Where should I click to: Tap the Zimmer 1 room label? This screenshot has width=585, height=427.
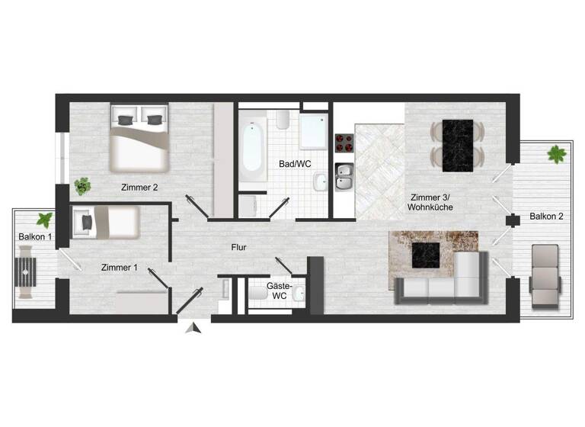tap(119, 268)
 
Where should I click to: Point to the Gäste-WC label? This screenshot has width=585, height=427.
tap(277, 291)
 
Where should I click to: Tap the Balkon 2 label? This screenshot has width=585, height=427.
tap(546, 217)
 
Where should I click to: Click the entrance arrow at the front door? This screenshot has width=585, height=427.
tap(195, 328)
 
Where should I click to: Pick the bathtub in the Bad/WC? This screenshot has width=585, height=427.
tap(251, 144)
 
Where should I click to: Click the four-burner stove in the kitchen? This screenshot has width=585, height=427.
tap(344, 143)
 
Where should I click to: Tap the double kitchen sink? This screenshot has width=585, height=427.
tap(344, 176)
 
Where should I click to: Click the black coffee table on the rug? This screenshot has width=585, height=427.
tap(428, 256)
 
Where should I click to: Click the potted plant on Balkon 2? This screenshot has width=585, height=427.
tap(557, 155)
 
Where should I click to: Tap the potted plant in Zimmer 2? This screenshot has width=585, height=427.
tap(82, 186)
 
